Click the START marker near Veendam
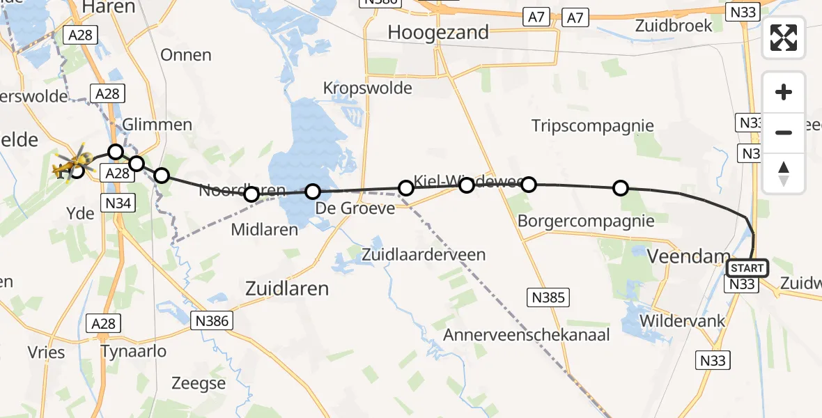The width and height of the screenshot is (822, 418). click(x=747, y=268)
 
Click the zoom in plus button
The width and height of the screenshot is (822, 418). click(x=784, y=93)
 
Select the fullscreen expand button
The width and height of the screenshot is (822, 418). click(x=784, y=38)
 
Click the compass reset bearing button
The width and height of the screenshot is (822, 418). click(x=784, y=173)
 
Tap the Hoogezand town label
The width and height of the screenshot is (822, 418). click(x=438, y=32)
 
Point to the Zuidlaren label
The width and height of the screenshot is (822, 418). click(x=287, y=288)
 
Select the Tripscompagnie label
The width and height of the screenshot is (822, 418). click(x=592, y=126)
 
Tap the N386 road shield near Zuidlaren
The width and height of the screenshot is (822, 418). click(x=212, y=320)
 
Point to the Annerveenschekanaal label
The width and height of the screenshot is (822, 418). click(x=527, y=335)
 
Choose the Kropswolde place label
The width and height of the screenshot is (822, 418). click(x=367, y=88)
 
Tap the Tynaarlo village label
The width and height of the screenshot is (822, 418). click(x=134, y=351)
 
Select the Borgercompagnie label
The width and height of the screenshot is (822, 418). click(x=586, y=222)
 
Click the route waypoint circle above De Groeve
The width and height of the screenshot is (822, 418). click(x=313, y=191)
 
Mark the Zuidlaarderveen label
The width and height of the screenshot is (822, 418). click(x=424, y=255)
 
